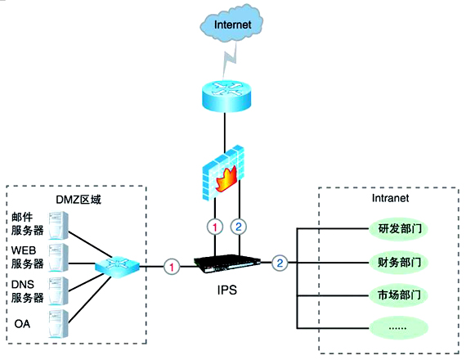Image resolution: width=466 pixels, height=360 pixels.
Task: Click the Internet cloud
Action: tap(232, 27)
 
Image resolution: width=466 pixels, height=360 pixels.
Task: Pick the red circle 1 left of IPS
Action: tap(172, 265)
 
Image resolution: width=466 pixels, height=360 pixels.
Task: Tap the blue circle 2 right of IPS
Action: tap(280, 263)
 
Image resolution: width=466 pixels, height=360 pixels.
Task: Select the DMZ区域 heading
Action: tap(78, 200)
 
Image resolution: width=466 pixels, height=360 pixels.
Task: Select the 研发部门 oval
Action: tap(399, 228)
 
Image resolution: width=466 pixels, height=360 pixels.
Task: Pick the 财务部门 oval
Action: tap(399, 263)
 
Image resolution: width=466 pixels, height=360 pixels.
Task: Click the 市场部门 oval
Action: tap(399, 295)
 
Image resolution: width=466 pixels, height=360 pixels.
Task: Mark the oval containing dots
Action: tap(399, 328)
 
